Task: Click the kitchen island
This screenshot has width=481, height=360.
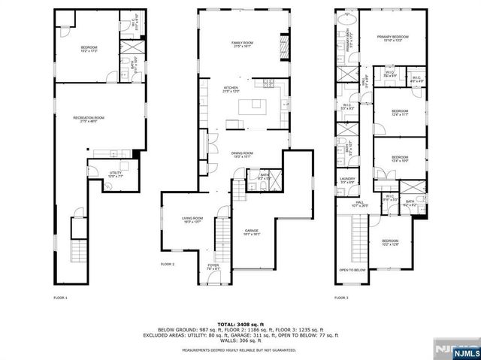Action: click(253, 107)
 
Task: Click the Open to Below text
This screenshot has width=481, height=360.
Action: click(352, 270)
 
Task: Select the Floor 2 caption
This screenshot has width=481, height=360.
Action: click(167, 264)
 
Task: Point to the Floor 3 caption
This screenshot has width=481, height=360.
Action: click(342, 298)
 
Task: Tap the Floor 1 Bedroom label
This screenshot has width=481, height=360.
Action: click(89, 49)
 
